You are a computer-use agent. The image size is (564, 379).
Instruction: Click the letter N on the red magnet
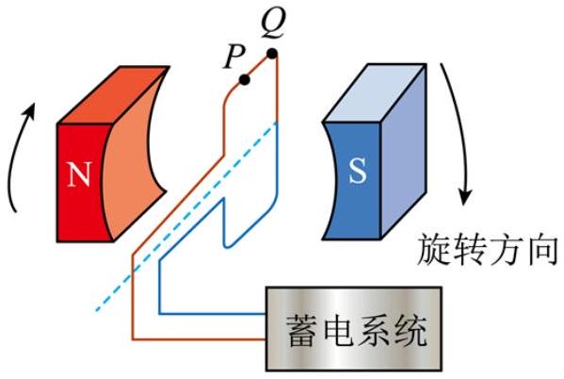click(79, 174)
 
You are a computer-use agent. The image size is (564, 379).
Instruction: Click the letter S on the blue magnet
click(358, 171)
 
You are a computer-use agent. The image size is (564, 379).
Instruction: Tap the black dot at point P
click(245, 80)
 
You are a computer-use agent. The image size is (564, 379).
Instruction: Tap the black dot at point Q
click(272, 54)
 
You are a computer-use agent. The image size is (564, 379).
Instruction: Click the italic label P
click(234, 58)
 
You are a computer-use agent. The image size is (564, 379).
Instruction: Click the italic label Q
click(273, 24)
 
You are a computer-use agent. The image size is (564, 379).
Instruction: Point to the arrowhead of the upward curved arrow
click(30, 110)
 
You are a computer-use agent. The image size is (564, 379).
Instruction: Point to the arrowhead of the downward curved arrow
click(465, 197)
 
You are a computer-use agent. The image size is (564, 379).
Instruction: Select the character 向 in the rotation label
click(543, 250)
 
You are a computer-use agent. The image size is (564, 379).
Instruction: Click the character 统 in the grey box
click(410, 330)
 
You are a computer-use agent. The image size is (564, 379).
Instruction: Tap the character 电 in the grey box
click(338, 330)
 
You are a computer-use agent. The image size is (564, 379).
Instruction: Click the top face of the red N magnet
click(114, 94)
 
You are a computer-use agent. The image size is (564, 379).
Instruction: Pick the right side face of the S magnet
click(404, 151)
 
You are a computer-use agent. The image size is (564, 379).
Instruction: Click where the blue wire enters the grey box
click(266, 313)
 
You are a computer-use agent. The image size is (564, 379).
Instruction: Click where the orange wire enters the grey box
click(266, 339)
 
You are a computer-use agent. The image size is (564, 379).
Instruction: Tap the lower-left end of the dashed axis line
click(96, 310)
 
